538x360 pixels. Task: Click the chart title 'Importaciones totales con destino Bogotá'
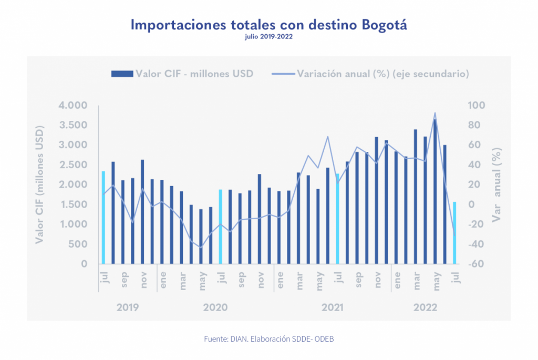coord(268,25)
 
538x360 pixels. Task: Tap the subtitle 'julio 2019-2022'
coord(268,37)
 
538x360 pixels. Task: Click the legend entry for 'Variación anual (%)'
coord(370,74)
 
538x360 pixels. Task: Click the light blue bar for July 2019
coord(104,217)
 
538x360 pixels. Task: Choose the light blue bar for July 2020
coord(221,226)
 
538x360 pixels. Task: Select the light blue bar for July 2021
coord(337,218)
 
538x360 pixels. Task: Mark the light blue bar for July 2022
coord(454,232)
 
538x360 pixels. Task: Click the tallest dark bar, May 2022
coord(435,191)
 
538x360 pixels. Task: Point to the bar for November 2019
coord(142,211)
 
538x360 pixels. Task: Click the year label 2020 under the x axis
coord(215,307)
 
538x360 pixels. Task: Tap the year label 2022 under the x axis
coord(425,307)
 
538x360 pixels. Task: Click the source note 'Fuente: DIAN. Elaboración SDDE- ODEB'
coord(268,339)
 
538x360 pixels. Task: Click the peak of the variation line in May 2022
coord(435,112)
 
